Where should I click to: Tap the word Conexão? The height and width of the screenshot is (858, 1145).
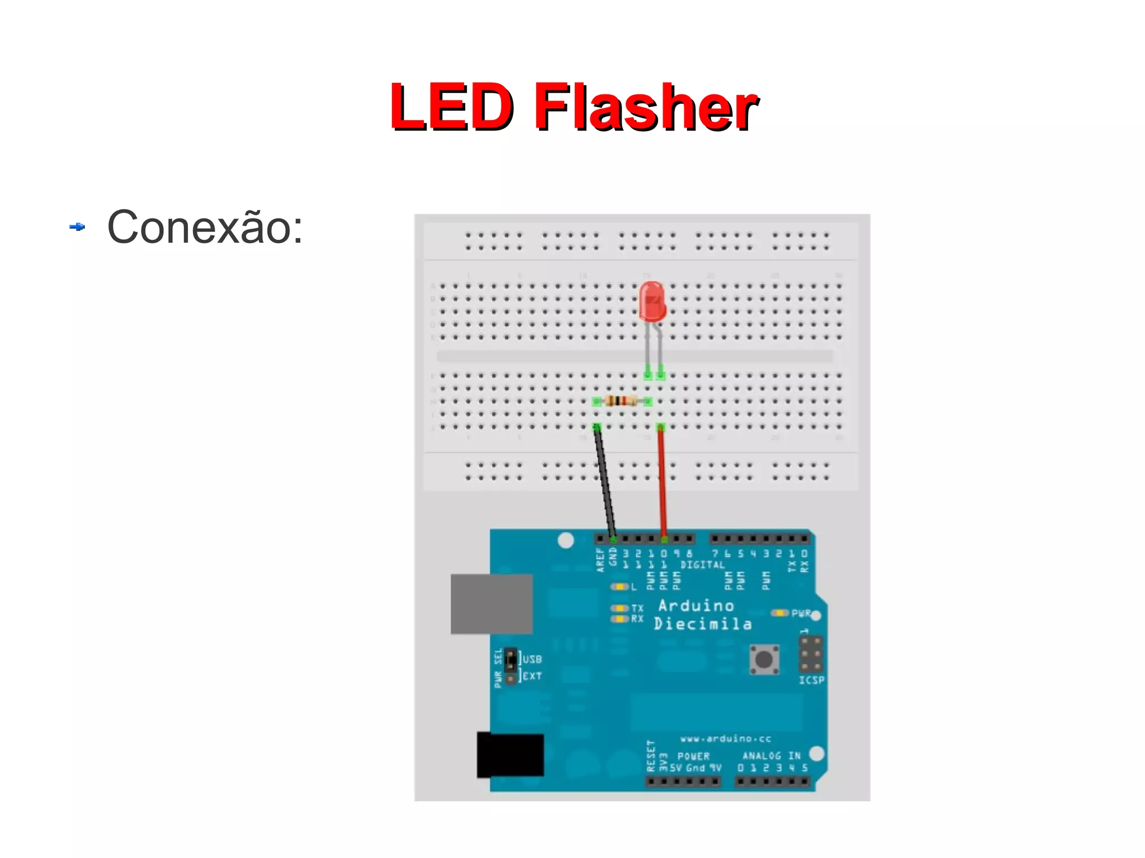tap(205, 227)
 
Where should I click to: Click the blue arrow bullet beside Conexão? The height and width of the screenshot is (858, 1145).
tap(77, 226)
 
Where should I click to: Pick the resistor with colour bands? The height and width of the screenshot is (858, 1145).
tap(622, 400)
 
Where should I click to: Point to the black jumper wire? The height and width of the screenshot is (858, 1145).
tap(605, 481)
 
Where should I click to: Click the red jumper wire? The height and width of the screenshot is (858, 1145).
tap(662, 481)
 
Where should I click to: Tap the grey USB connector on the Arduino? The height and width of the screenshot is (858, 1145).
tap(491, 604)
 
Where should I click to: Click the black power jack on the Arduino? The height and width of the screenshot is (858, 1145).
tap(510, 755)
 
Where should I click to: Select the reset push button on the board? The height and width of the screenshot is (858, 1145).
tap(764, 660)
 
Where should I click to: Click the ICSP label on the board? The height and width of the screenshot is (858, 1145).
tap(811, 680)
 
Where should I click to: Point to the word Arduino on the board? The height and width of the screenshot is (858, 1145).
tap(695, 606)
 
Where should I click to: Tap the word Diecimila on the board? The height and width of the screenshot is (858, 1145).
tap(702, 624)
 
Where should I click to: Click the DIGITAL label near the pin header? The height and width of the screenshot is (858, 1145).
tap(702, 565)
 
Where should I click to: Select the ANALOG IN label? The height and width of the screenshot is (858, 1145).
tap(771, 756)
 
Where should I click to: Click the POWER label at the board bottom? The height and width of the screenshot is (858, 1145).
tap(693, 756)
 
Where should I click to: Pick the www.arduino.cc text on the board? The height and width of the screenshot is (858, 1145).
tap(725, 739)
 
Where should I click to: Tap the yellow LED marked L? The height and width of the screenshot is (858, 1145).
tap(619, 587)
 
